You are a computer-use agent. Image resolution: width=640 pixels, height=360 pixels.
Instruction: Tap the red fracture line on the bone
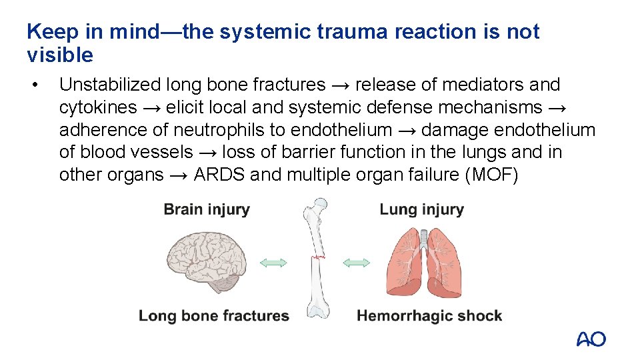point(317,257)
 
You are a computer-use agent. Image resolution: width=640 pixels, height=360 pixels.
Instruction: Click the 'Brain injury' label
point(207,209)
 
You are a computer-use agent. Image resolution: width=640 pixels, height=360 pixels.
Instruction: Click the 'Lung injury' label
point(421,209)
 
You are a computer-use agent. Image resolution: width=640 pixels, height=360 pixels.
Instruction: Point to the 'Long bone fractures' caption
point(213,316)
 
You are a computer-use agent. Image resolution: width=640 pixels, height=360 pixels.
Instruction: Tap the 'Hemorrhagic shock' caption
point(429,316)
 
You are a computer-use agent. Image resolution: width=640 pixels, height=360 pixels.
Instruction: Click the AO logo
point(591,339)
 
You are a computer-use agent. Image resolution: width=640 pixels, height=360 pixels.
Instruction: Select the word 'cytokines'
point(98,107)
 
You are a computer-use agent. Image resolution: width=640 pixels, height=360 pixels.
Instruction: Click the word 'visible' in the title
point(60,55)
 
